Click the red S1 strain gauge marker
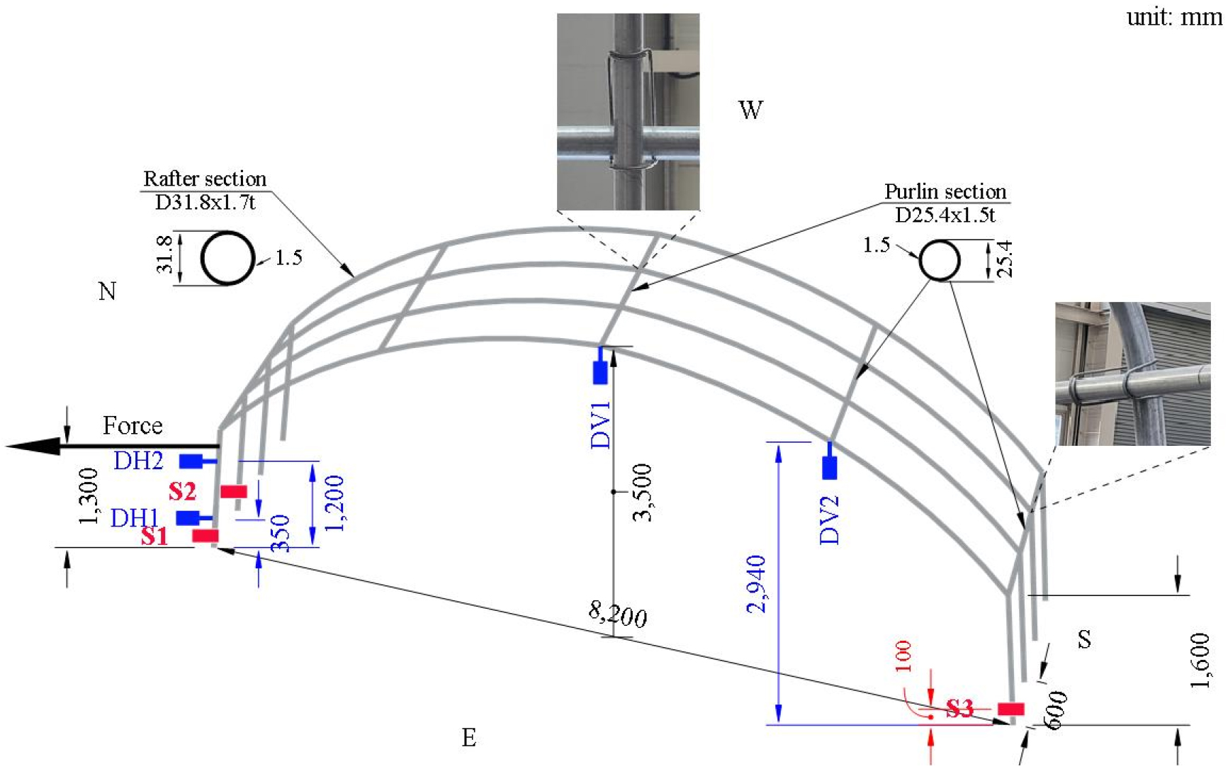[x=205, y=536]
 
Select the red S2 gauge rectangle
[x=233, y=491]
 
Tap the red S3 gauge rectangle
[x=1010, y=709]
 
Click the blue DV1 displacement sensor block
[x=600, y=373]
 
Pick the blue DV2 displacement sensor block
[x=829, y=468]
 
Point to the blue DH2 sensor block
[x=191, y=461]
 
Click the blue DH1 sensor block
[x=188, y=517]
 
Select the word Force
[x=133, y=425]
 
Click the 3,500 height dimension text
[x=642, y=493]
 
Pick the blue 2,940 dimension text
[x=756, y=584]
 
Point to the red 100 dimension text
[x=903, y=656]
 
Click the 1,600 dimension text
[x=1200, y=661]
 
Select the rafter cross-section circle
[x=227, y=258]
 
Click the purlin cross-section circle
[x=940, y=260]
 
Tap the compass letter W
[x=750, y=110]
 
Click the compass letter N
[x=107, y=291]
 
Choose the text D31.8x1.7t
[x=205, y=203]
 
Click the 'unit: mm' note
[x=1174, y=16]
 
